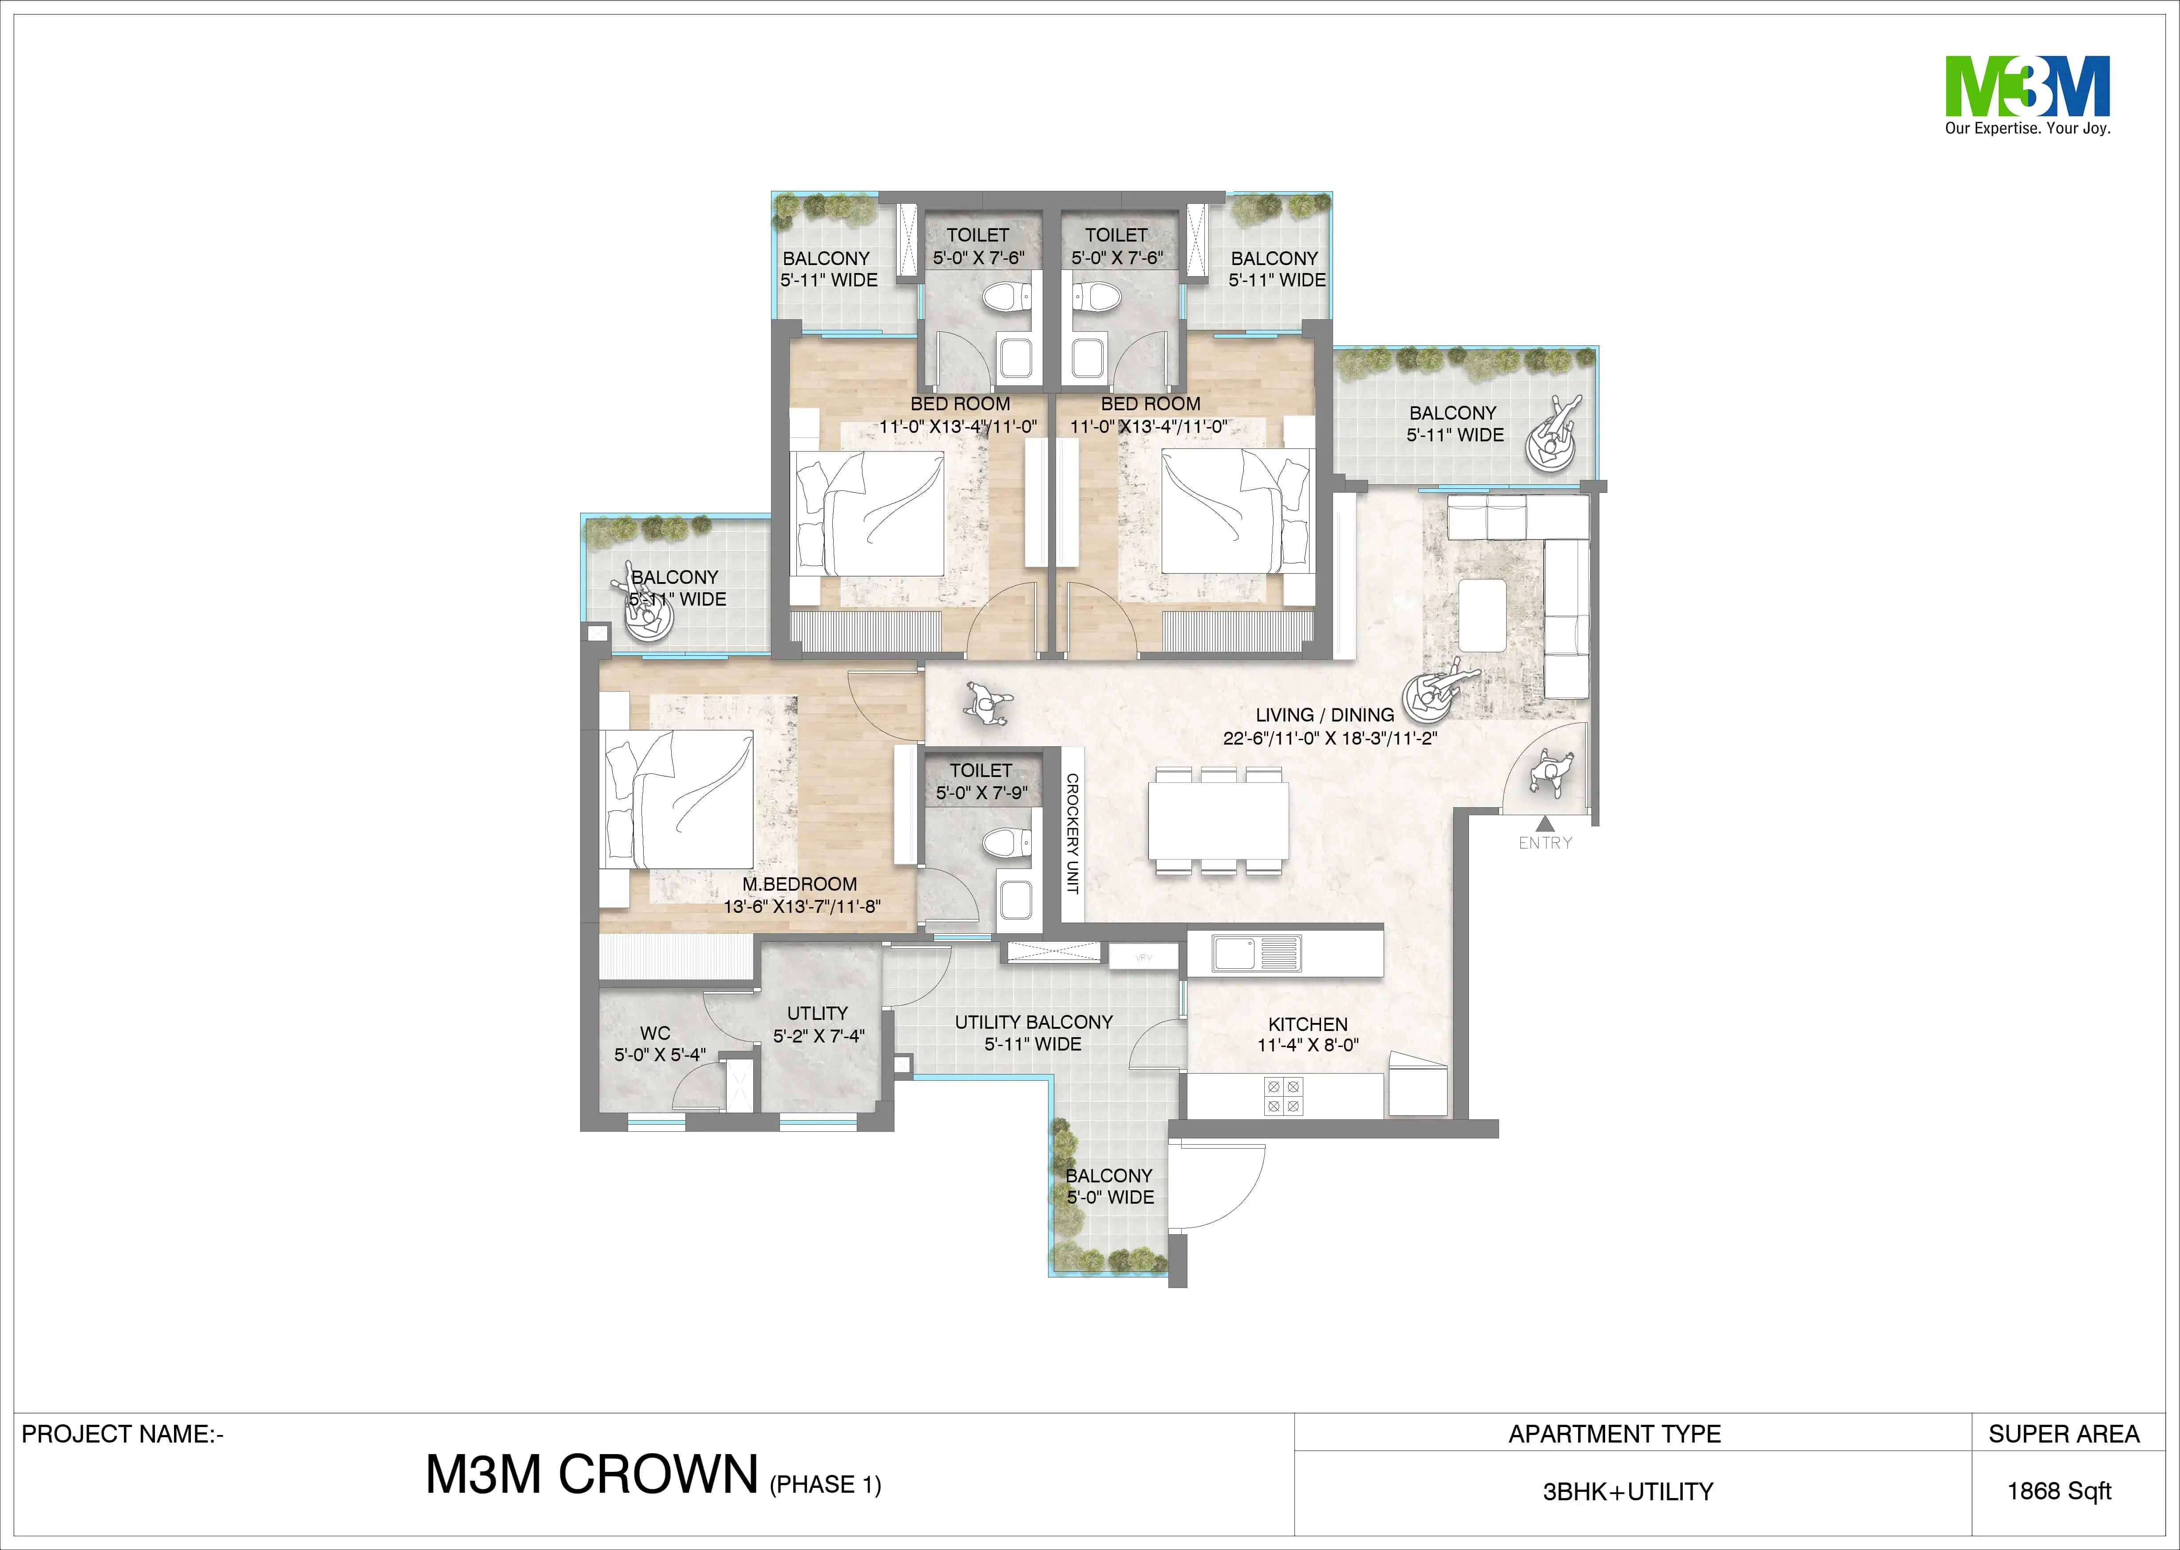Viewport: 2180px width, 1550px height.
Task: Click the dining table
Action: [x=1219, y=821]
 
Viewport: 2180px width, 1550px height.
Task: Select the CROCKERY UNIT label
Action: [x=1072, y=833]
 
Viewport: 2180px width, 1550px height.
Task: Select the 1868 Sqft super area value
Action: [x=2059, y=1491]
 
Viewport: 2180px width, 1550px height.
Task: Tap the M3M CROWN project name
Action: [x=592, y=1475]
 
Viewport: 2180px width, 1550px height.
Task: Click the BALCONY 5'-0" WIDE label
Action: [x=1110, y=1186]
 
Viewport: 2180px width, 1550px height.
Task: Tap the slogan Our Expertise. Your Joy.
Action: [x=2027, y=128]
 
